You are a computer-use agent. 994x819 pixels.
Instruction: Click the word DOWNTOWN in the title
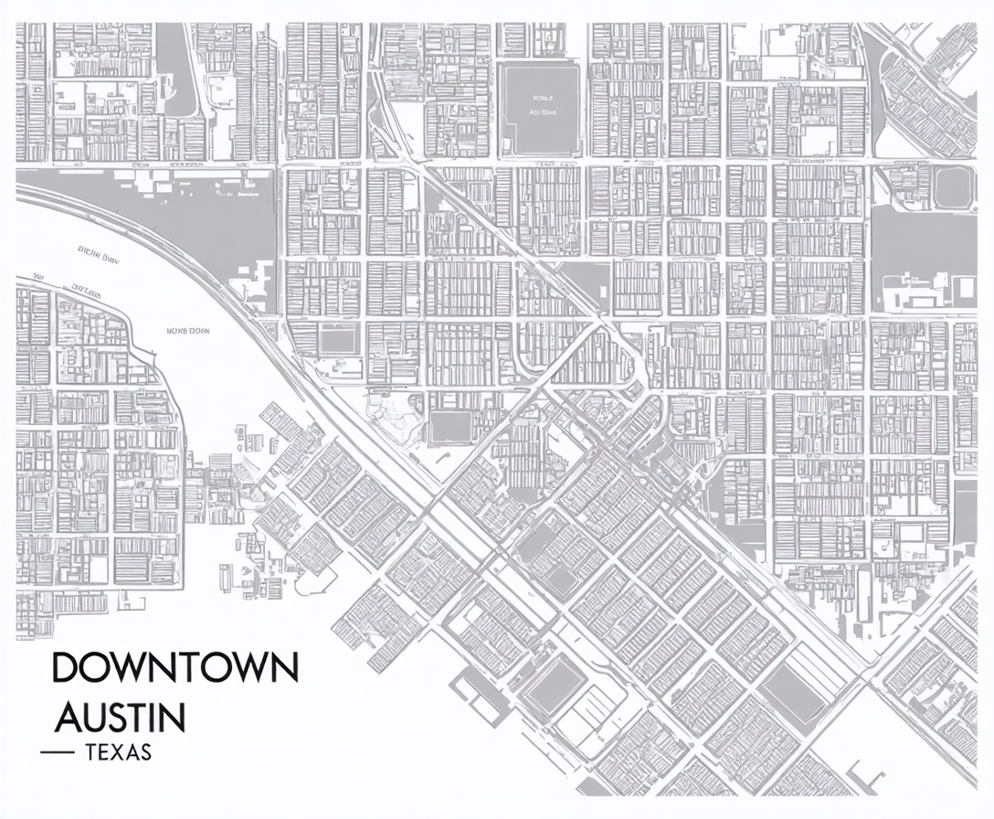pyautogui.click(x=174, y=668)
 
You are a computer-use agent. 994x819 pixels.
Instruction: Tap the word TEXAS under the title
pyautogui.click(x=117, y=754)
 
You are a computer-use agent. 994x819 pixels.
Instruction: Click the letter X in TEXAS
pyautogui.click(x=116, y=754)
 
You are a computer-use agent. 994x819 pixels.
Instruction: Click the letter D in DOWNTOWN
pyautogui.click(x=65, y=668)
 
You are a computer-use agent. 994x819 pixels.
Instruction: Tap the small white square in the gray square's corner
pyautogui.click(x=505, y=69)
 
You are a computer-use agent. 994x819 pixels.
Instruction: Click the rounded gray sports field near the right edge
pyautogui.click(x=952, y=187)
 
